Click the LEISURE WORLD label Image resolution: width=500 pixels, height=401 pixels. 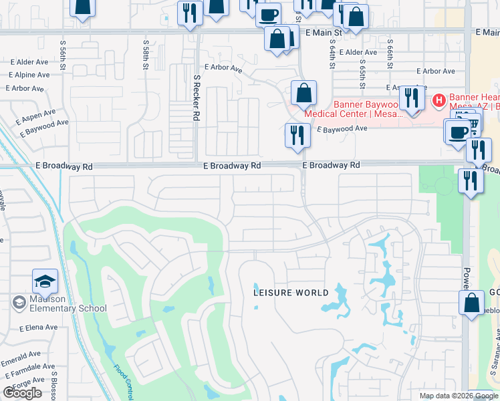tap(291, 293)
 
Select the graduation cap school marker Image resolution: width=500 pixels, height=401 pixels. tap(45, 282)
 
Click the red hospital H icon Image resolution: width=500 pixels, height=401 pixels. tap(439, 101)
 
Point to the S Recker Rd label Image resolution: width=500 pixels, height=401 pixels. tap(197, 98)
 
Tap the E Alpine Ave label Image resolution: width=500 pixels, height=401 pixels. tap(29, 76)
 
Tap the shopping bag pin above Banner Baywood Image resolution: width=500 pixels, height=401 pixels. tap(303, 93)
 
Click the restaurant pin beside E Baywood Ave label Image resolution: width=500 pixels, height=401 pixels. tap(297, 135)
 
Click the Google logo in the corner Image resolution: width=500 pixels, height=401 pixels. tap(22, 393)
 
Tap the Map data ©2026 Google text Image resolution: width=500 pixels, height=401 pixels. tap(459, 396)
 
